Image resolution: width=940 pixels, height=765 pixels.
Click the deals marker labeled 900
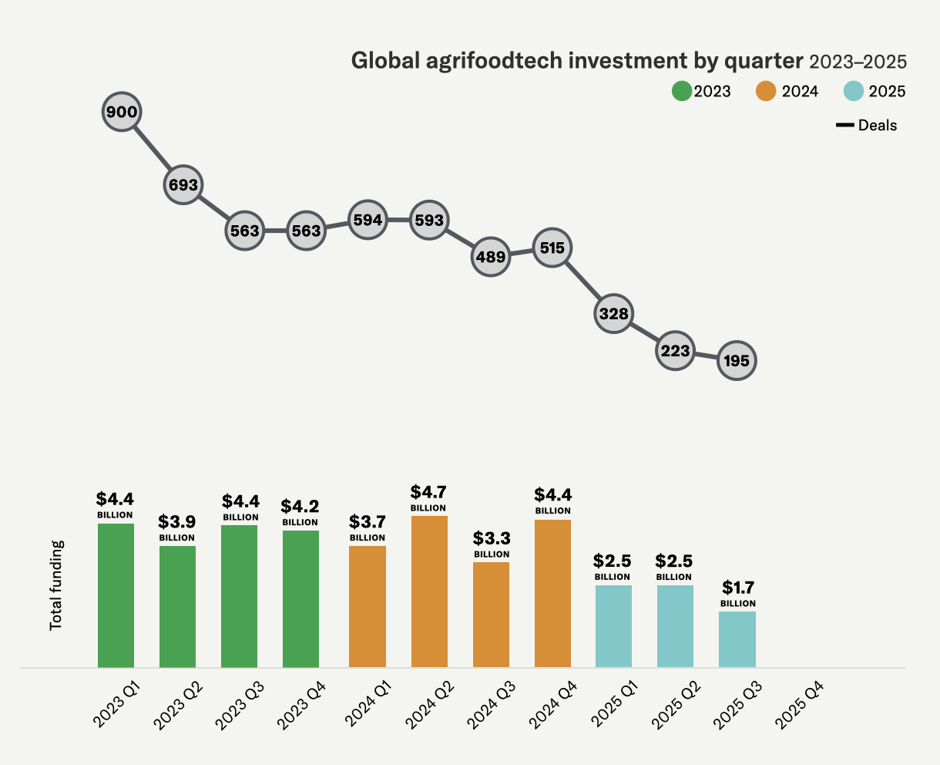tap(122, 113)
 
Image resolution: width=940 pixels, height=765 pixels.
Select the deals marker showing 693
tap(183, 185)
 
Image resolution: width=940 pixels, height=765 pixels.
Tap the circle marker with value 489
tap(491, 257)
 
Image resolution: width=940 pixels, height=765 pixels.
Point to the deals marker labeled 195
tap(737, 361)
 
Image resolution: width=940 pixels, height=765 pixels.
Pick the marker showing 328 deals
tap(614, 314)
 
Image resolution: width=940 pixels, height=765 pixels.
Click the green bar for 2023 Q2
tap(177, 606)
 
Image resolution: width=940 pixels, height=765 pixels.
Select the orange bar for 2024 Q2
tap(429, 591)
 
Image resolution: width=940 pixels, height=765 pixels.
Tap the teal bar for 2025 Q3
tap(737, 639)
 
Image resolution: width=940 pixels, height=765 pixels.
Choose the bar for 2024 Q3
tap(491, 615)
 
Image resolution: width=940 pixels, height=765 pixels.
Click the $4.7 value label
tap(428, 493)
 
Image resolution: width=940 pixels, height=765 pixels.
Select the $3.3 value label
tap(492, 538)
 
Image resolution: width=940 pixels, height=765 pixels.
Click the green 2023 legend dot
tap(683, 91)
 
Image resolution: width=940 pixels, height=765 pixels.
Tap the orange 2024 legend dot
tap(766, 91)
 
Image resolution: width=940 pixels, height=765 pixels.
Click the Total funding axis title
tap(56, 585)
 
